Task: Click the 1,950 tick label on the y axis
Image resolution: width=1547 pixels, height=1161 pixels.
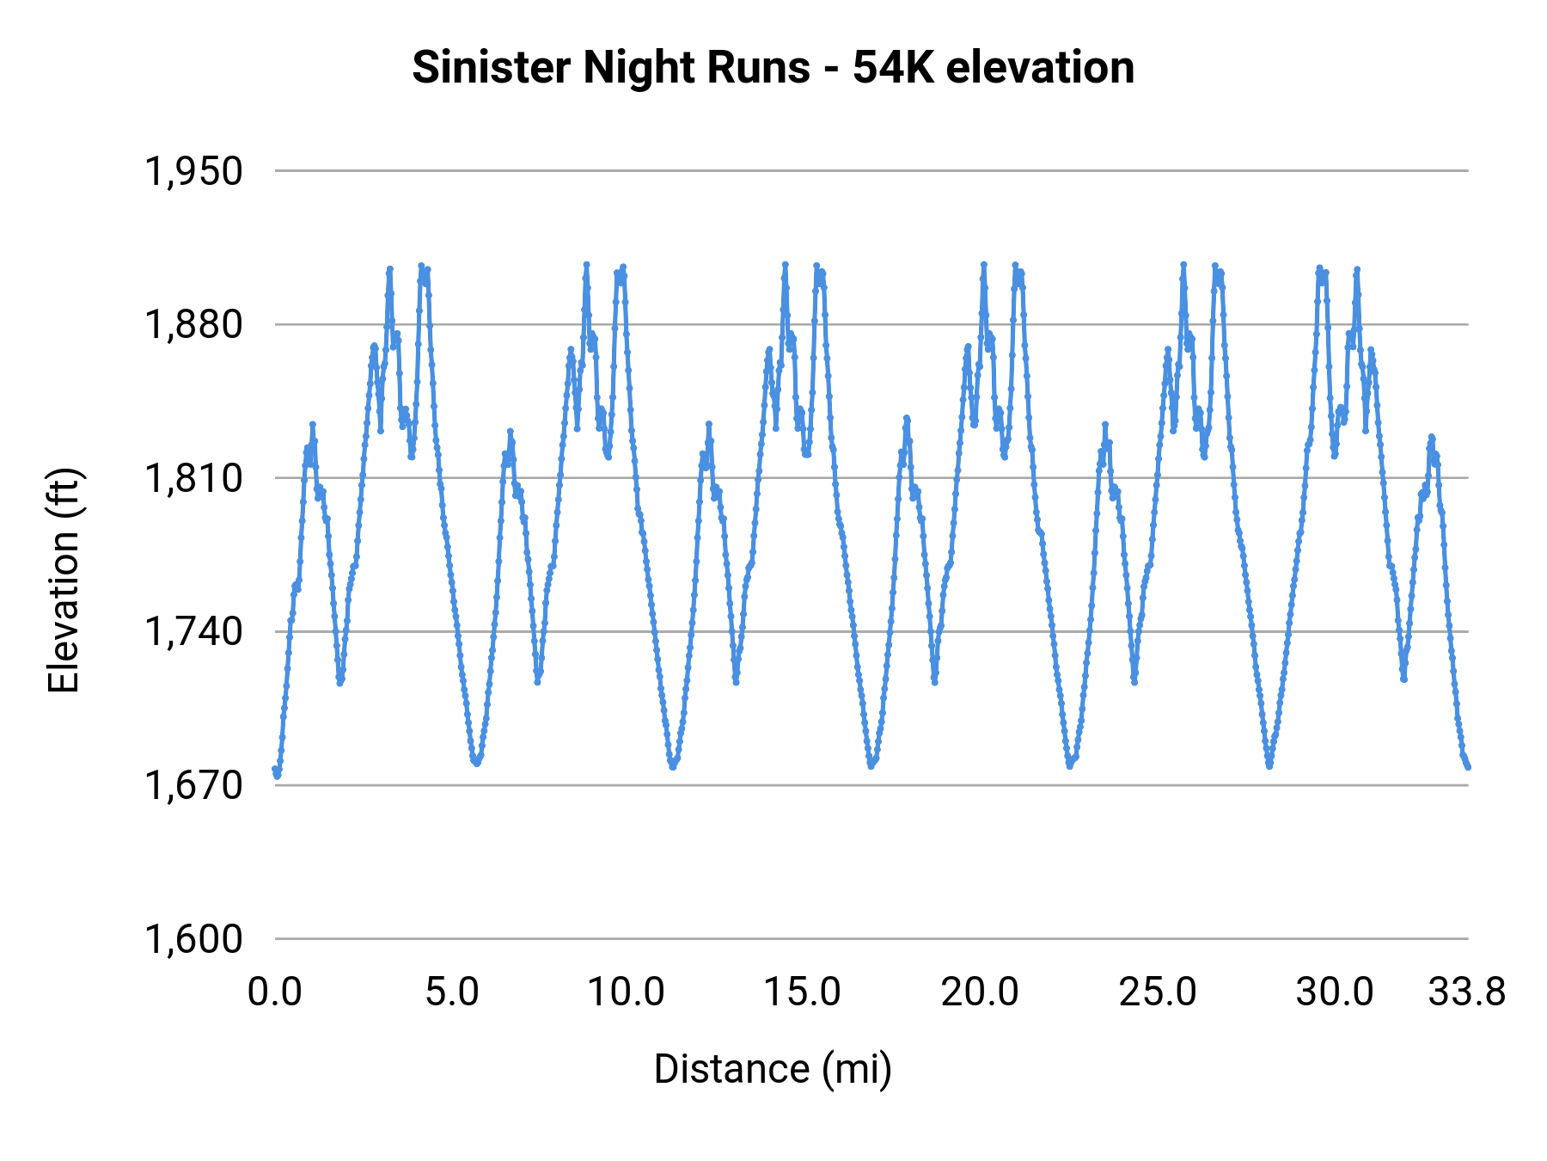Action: coord(193,171)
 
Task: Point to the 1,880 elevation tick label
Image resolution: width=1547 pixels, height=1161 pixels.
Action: coord(193,325)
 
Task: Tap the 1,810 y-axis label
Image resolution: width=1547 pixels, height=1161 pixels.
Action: coord(193,478)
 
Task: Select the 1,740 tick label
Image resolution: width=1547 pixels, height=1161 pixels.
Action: coord(193,632)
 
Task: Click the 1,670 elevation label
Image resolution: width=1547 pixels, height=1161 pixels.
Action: coord(193,785)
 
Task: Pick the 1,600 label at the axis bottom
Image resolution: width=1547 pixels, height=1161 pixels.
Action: coord(193,939)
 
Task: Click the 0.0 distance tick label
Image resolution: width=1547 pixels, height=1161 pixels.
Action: coord(275,992)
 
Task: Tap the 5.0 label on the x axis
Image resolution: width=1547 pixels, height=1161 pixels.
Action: coord(452,992)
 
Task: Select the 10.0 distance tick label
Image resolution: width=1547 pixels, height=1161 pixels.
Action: coord(626,992)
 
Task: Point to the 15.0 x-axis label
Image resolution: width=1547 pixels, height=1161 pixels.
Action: coord(803,992)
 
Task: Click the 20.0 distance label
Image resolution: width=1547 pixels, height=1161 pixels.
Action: coord(980,992)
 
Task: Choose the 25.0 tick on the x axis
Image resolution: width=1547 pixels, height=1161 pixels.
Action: coord(1157,992)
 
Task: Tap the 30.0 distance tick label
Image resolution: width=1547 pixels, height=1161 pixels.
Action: coord(1334,992)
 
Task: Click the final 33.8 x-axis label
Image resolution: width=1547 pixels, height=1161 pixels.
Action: coord(1467,992)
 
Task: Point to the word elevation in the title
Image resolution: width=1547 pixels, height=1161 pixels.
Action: coord(1040,67)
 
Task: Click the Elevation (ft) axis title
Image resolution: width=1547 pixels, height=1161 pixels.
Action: coord(64,580)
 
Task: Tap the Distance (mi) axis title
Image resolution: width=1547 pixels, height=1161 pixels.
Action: coord(773,1069)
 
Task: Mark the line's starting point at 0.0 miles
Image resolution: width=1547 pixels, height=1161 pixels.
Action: coord(275,769)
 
